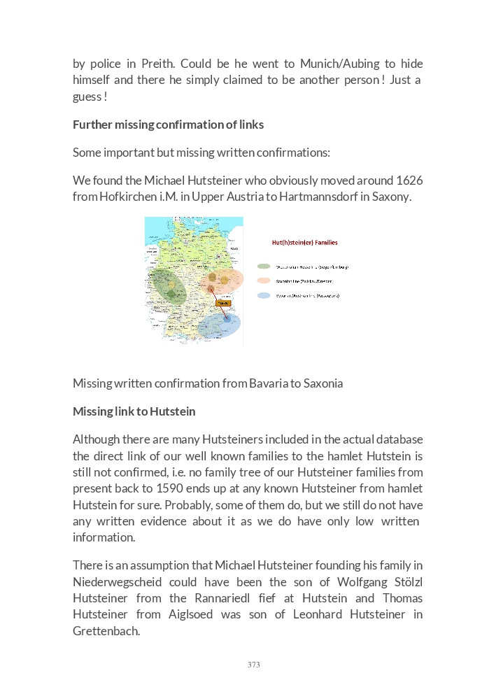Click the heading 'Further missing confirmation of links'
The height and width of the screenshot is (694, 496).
[x=168, y=125]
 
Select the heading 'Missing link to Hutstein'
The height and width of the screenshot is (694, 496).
[x=134, y=411]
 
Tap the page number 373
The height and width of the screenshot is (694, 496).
[x=253, y=665]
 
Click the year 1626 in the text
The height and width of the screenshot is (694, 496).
[x=409, y=180]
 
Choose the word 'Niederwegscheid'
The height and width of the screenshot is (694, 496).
[x=117, y=582]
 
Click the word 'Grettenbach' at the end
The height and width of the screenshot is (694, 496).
[x=106, y=630]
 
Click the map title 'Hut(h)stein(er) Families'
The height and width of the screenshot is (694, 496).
[x=304, y=243]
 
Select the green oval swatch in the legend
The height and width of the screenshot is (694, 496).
[x=264, y=267]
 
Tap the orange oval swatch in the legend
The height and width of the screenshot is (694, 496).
[x=264, y=281]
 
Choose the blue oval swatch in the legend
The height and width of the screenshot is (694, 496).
[x=264, y=296]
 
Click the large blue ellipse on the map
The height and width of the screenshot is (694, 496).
[x=219, y=325]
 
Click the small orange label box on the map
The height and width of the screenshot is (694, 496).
[x=223, y=303]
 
